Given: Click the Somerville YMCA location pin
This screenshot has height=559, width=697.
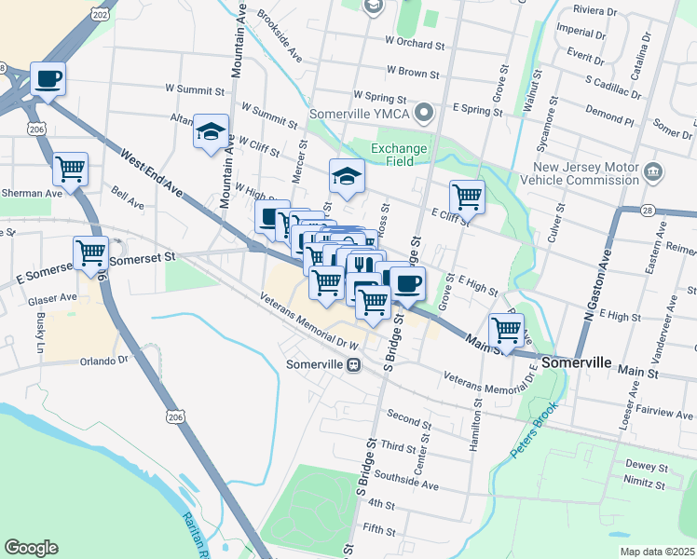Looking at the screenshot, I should [425, 114].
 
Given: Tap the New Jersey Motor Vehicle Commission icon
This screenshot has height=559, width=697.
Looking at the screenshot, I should [652, 172].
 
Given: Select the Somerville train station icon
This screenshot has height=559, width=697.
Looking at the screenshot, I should [353, 364].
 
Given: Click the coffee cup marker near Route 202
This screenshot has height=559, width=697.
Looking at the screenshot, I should [48, 79].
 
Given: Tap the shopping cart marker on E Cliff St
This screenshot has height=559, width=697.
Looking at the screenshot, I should [467, 198].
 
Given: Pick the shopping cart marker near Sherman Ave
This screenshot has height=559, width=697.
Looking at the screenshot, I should [70, 170].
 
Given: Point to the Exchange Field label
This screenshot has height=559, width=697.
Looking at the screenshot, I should [399, 155].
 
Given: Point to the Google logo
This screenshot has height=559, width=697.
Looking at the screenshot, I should [31, 548].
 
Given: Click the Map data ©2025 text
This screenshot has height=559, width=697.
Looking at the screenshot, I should [656, 552].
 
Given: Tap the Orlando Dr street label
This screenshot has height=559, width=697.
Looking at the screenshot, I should [103, 361].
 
